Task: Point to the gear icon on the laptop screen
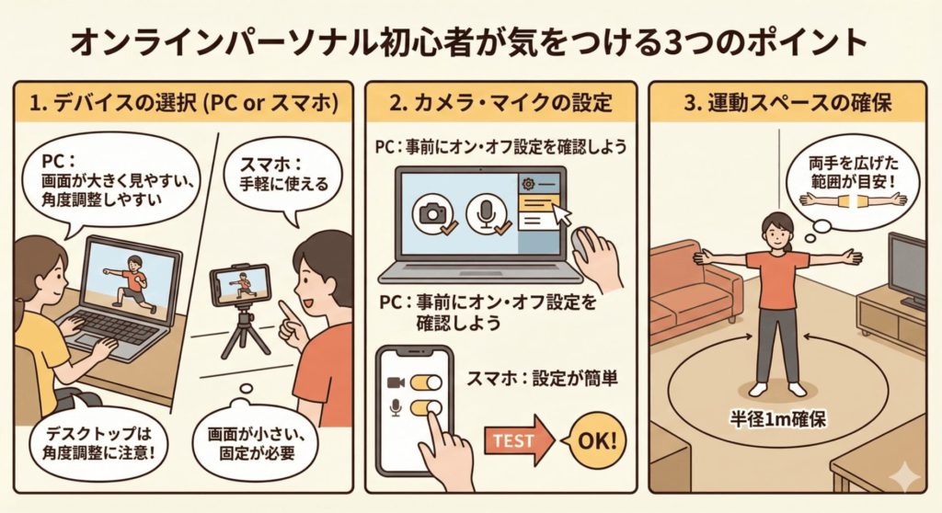528,183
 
